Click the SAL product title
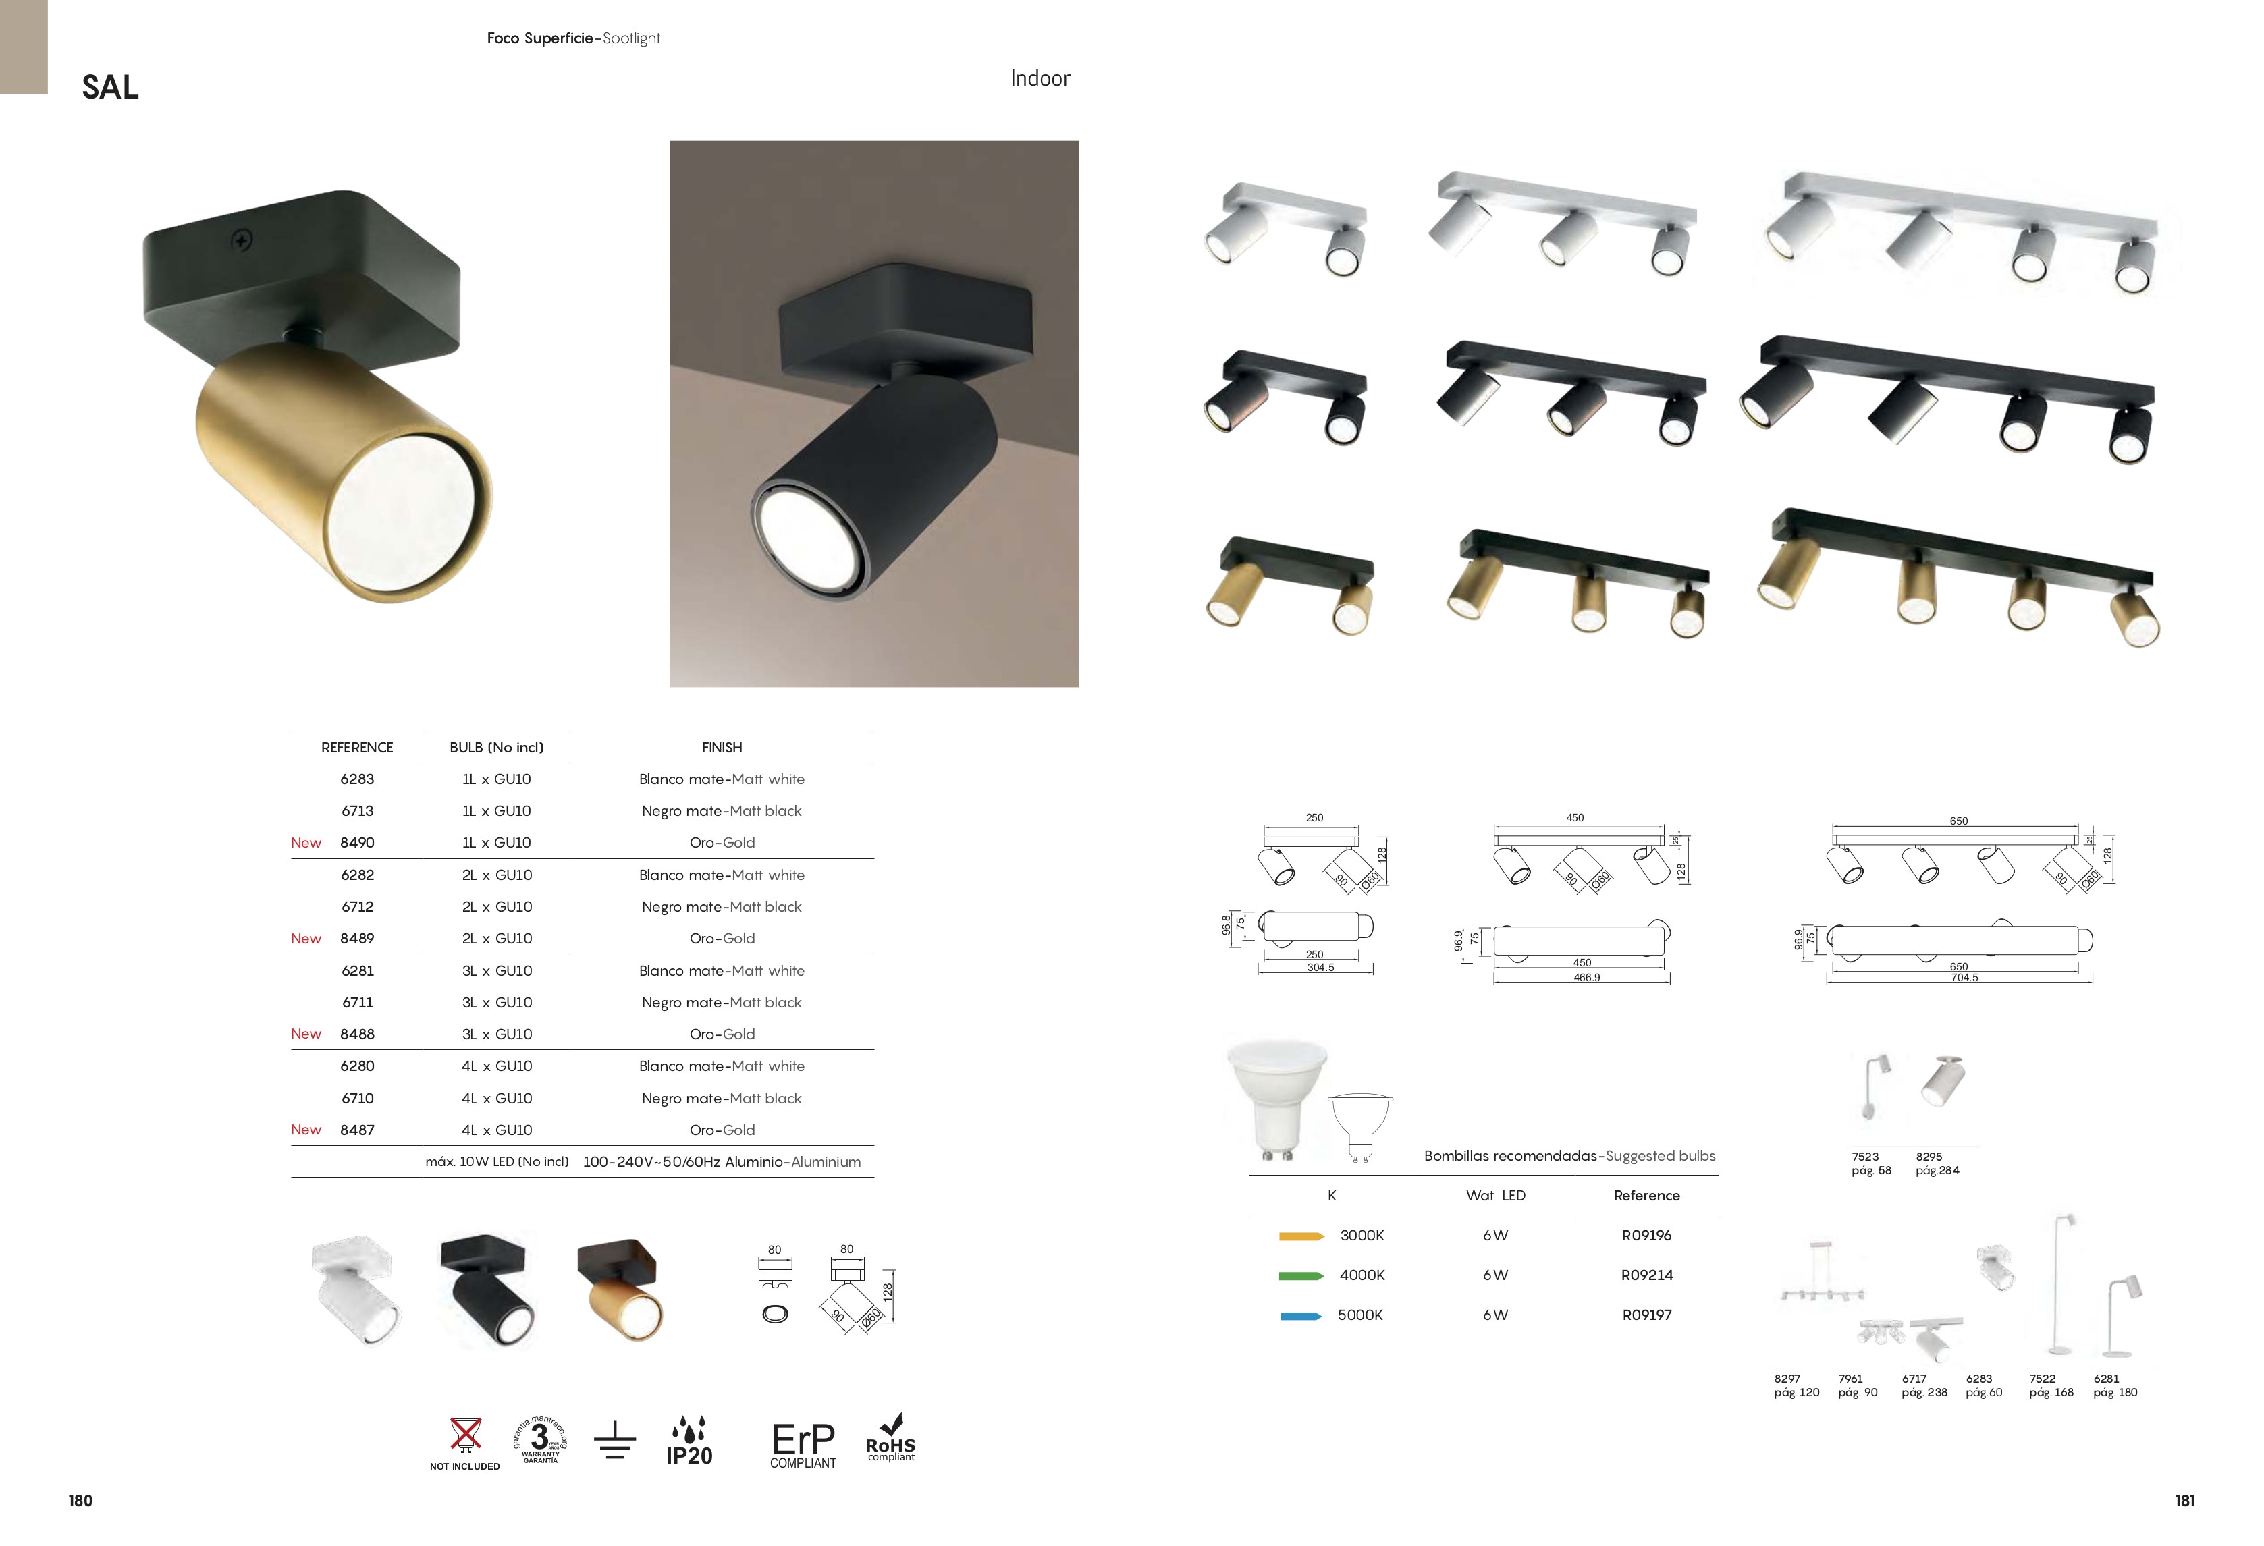[x=110, y=88]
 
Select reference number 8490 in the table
[x=356, y=843]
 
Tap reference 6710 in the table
[x=358, y=1098]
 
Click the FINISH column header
[x=722, y=747]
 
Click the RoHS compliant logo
[x=890, y=1438]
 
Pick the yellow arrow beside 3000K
[x=1301, y=1236]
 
